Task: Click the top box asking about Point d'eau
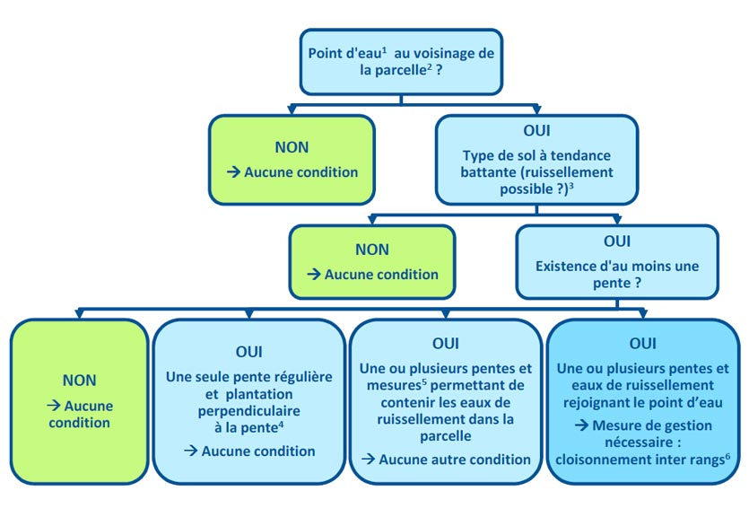point(401,62)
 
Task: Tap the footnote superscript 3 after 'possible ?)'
point(570,186)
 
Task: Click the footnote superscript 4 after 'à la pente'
point(281,424)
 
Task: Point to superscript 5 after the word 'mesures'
point(424,381)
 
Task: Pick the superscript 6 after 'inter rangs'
point(727,456)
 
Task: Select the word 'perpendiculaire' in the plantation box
point(248,411)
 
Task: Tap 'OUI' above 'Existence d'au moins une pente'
point(616,241)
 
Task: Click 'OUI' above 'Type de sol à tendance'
point(536,130)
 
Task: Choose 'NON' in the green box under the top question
point(292,147)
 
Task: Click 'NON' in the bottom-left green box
point(79,381)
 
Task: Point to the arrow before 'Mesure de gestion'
point(581,425)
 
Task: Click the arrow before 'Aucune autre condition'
point(368,460)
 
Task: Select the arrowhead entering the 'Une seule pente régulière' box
point(248,314)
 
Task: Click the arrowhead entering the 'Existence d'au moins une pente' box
point(616,220)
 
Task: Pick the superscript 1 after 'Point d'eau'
point(384,49)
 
